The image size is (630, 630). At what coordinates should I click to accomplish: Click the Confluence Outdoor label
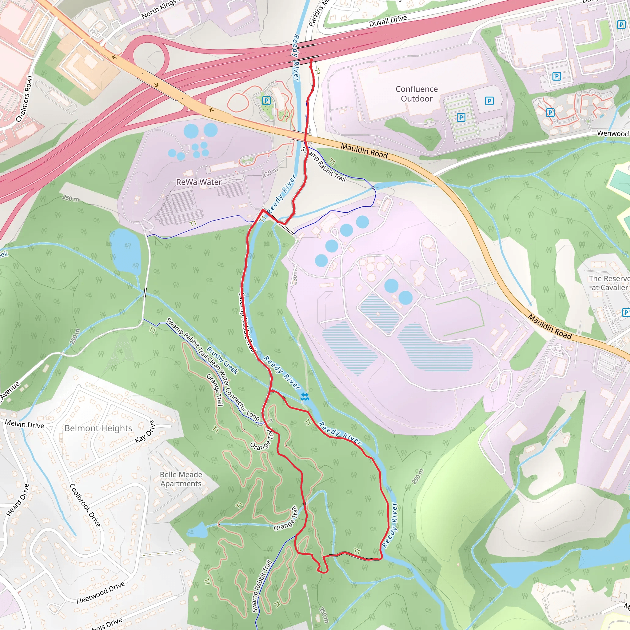(417, 94)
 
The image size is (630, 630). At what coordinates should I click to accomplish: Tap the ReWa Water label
(199, 182)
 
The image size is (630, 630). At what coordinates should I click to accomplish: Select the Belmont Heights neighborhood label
(98, 428)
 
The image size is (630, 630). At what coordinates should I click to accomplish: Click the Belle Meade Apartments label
(181, 479)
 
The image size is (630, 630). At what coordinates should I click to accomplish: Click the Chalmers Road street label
(25, 99)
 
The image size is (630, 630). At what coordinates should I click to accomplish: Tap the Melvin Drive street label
(25, 425)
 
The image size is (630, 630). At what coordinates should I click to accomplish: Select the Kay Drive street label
(145, 431)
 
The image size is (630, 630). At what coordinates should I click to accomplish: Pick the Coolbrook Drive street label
(85, 505)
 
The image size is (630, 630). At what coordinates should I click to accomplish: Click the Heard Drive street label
(18, 500)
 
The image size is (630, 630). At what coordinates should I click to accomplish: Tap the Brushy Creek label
(222, 360)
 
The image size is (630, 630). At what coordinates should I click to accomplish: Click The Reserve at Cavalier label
(608, 283)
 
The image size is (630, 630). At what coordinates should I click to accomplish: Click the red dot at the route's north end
(311, 60)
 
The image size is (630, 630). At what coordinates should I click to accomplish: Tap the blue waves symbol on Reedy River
(305, 397)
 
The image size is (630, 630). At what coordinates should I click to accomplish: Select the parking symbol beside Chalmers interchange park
(266, 100)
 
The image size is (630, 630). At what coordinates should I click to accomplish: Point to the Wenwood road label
(612, 134)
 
